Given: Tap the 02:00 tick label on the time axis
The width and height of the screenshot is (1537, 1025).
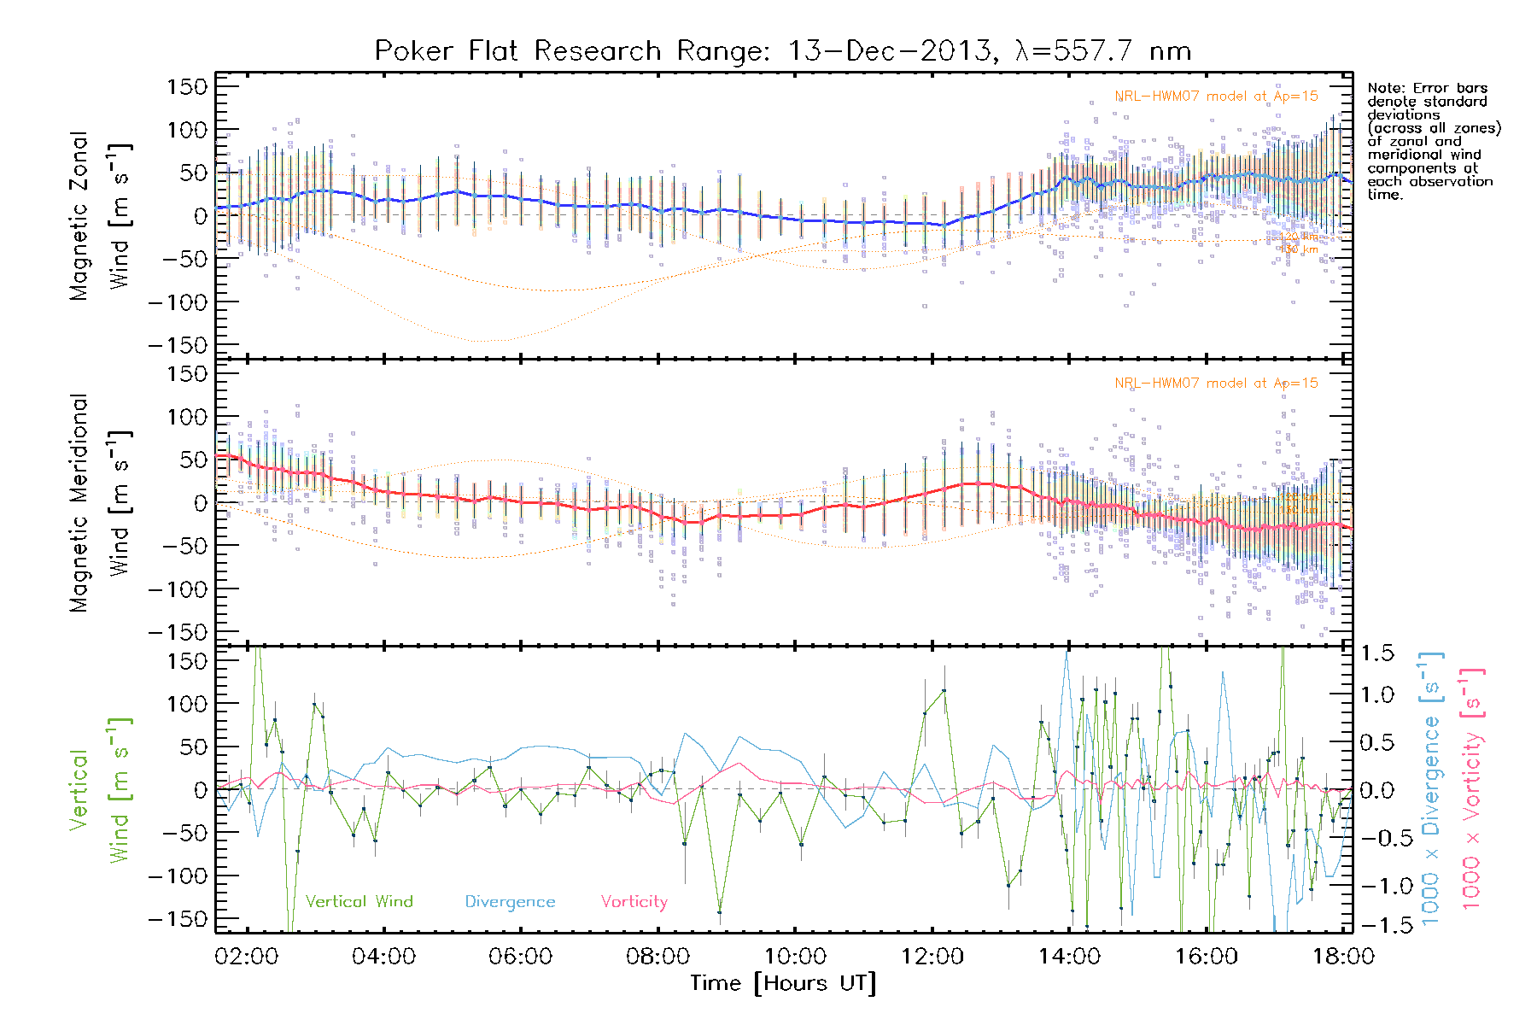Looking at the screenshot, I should tap(247, 956).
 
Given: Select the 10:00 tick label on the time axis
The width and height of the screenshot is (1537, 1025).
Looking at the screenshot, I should tap(795, 956).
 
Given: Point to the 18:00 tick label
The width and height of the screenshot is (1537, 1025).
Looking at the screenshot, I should tap(1343, 956).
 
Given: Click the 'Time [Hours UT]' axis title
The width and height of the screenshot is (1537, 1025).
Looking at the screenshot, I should tap(783, 983).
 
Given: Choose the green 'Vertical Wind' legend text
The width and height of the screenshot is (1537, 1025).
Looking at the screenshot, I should tap(359, 901).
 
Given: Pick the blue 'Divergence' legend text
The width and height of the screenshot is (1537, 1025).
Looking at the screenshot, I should tap(510, 901).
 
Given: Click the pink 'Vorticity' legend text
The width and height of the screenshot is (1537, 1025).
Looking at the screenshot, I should tap(634, 901).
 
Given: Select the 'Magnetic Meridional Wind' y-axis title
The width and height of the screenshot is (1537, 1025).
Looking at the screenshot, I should tap(101, 503).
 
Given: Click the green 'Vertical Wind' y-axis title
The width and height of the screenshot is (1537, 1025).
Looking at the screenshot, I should tap(101, 790).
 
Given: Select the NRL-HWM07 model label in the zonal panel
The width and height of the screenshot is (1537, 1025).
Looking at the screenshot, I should tap(1216, 97).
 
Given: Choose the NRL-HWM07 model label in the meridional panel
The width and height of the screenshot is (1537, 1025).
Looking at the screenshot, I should tap(1216, 384).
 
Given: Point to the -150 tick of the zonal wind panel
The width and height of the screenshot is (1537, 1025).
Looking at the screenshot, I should tap(178, 346).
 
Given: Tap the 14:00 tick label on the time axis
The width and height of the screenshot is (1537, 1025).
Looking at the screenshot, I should tap(1069, 956).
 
